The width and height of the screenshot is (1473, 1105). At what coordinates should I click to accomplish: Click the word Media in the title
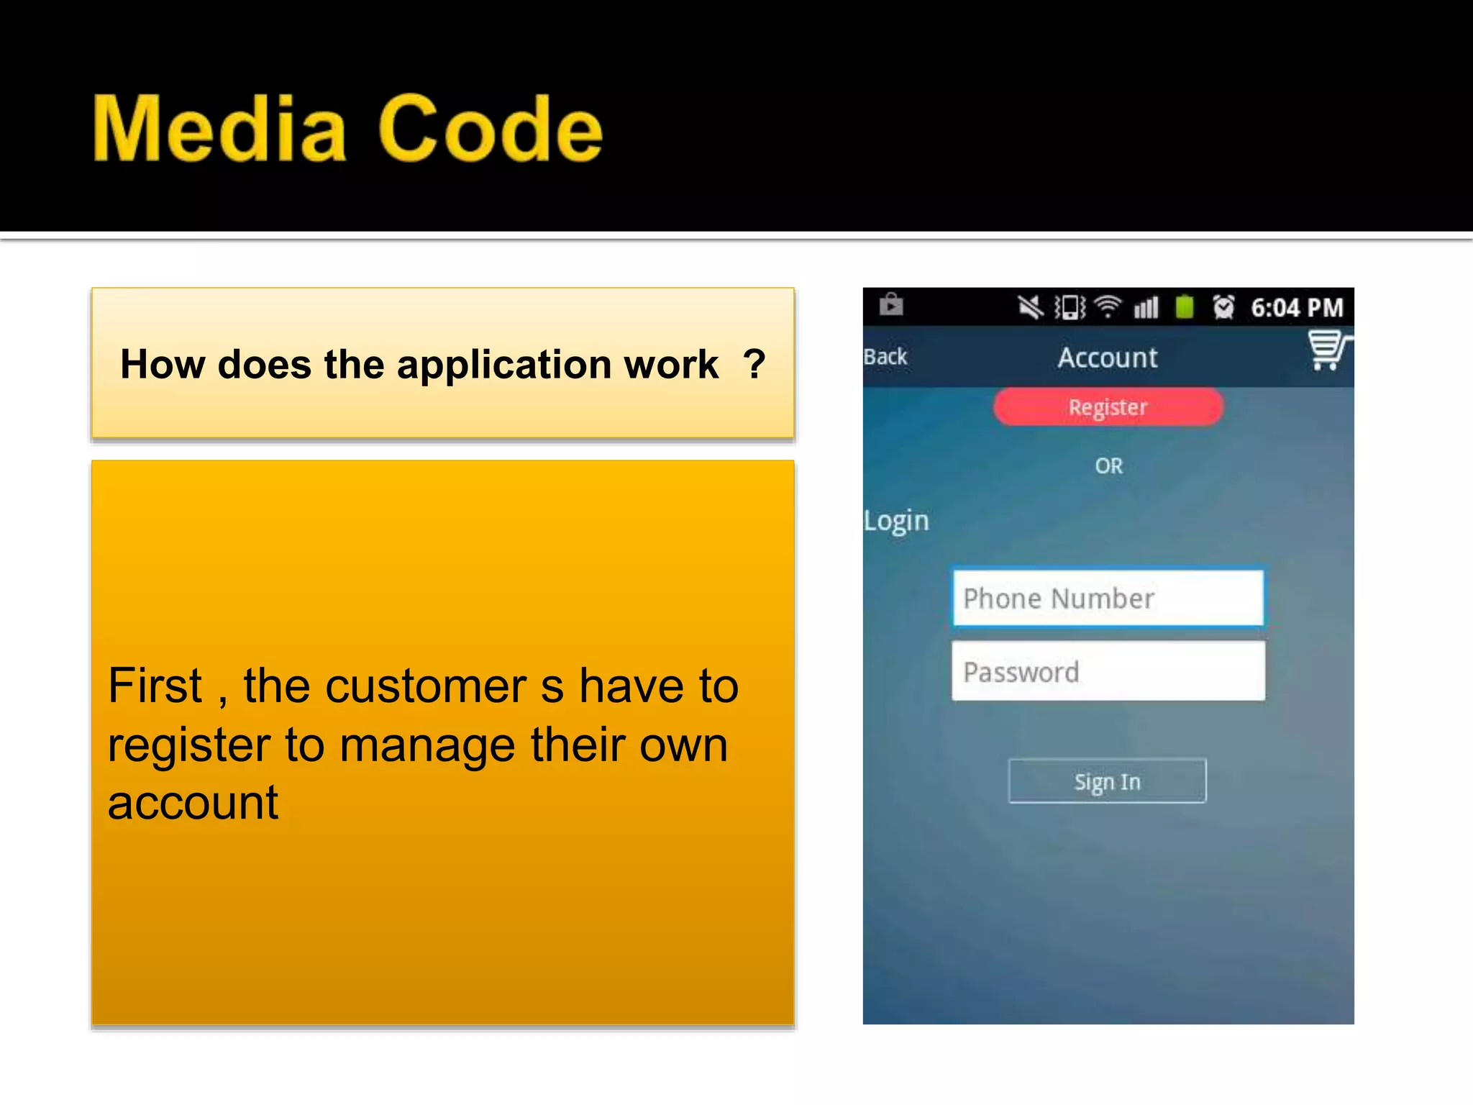tap(219, 129)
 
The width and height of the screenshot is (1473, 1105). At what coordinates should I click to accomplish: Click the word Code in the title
tap(490, 129)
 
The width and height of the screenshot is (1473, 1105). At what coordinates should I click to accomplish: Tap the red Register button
tap(1108, 407)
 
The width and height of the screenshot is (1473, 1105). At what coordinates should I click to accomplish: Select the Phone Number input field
tap(1108, 599)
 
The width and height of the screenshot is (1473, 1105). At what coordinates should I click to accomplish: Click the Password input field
tap(1108, 672)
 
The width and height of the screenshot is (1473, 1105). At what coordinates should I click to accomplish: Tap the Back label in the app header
tap(885, 357)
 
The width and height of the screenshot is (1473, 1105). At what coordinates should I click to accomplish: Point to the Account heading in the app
tap(1108, 358)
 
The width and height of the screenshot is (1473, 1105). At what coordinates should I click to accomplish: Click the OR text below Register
tap(1108, 466)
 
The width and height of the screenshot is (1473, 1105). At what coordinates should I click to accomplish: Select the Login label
tap(896, 521)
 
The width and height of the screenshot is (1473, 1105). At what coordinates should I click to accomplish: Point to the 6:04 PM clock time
tap(1297, 308)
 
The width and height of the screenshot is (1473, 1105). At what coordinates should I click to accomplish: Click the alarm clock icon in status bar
tap(1223, 307)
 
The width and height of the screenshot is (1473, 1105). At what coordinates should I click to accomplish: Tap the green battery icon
tap(1185, 306)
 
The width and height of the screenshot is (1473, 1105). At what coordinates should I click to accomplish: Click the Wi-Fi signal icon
tap(1108, 307)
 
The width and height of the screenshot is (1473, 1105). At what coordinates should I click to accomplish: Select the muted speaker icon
tap(1031, 307)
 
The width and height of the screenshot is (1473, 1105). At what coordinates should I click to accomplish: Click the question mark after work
tap(754, 364)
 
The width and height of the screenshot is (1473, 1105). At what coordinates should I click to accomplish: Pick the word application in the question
tap(557, 365)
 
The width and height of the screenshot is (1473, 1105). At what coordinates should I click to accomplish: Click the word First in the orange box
tap(155, 686)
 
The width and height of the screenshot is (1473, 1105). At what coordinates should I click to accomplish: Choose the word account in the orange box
tap(193, 804)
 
